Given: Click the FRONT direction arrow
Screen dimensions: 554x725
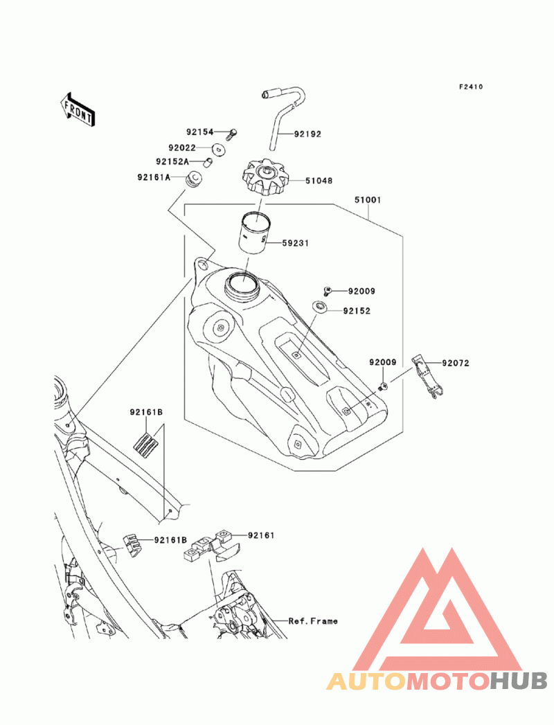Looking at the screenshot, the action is click(x=78, y=110).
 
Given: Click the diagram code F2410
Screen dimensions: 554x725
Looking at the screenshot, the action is click(x=471, y=87).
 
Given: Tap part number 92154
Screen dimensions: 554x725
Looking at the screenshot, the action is click(x=199, y=132).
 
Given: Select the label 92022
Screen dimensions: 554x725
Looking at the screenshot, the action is click(x=182, y=148).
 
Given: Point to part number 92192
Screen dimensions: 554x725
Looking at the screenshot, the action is click(x=307, y=134).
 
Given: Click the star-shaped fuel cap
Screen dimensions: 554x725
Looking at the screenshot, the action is click(x=266, y=178).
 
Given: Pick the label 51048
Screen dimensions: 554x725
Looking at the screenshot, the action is click(x=319, y=181).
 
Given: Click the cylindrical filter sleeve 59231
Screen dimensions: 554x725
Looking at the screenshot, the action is click(x=253, y=231).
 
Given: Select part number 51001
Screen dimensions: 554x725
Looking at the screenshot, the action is click(x=368, y=200).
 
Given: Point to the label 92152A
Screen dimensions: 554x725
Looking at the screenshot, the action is click(x=172, y=162).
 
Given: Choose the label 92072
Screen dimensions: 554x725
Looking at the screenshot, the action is click(x=456, y=364).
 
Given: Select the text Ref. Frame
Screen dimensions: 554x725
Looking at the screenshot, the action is click(x=313, y=621).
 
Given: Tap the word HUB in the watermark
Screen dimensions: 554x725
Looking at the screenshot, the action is click(x=519, y=681).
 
